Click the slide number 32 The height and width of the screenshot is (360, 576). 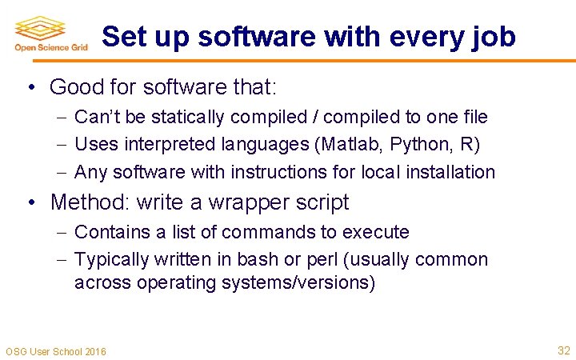pos(563,350)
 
